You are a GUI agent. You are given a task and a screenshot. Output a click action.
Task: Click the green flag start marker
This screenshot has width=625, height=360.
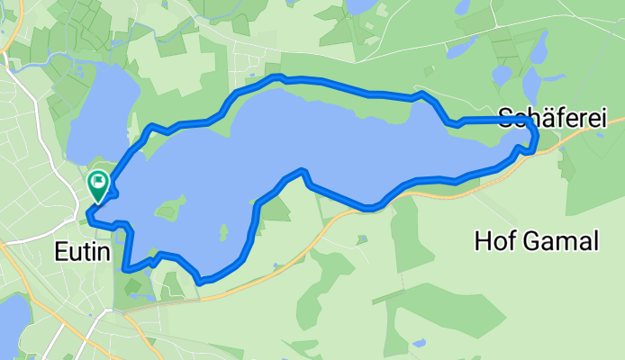[x=97, y=184]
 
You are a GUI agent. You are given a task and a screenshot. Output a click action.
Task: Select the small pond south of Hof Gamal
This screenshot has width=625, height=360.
[x=419, y=342]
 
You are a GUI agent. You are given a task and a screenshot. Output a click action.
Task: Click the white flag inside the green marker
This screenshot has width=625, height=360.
[x=97, y=180]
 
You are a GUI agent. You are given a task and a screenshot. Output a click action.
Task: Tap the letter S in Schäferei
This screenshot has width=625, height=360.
[x=504, y=117]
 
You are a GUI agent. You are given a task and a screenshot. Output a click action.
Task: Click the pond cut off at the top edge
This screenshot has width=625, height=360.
[x=360, y=5]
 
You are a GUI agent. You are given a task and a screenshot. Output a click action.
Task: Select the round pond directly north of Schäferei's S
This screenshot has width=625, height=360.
[x=502, y=75]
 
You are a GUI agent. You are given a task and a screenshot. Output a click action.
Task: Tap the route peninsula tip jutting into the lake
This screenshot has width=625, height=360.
[x=303, y=170]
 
